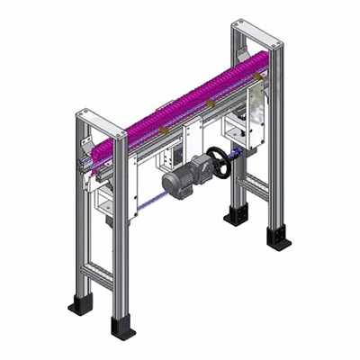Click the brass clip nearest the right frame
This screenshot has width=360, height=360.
pos(210,105)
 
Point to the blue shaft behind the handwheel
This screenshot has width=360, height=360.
pos(236,157)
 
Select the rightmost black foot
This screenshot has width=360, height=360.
pos(278,239)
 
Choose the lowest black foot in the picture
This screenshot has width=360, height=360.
pos(122,326)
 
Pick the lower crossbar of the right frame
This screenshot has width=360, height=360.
pos(256,186)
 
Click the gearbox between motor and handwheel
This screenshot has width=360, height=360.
pos(199,168)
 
